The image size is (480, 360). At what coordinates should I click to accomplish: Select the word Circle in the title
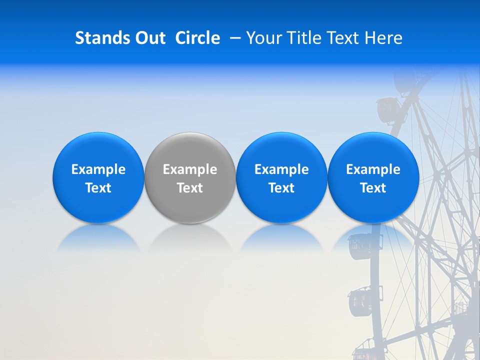point(197,38)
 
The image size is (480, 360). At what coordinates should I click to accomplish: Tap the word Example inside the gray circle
point(190,169)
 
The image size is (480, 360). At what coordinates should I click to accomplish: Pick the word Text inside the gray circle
point(190,188)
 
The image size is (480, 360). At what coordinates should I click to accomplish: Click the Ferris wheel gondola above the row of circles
point(386,110)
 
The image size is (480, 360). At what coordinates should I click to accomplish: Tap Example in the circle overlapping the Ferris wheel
point(373,169)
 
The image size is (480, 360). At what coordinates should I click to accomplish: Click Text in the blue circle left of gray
point(98,188)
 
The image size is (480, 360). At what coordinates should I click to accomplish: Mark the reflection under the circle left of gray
point(98,238)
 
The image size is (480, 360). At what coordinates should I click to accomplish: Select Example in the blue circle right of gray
point(281,169)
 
